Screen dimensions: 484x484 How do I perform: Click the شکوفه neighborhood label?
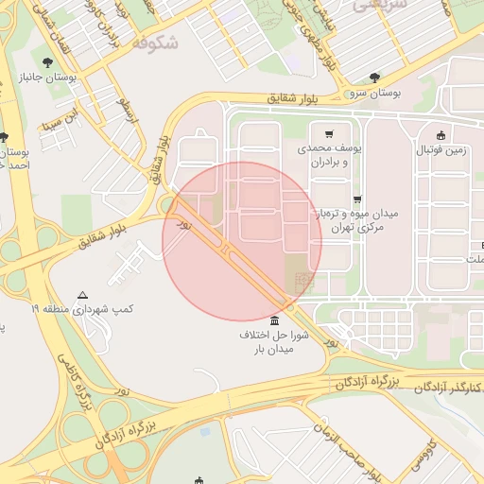coord(155,43)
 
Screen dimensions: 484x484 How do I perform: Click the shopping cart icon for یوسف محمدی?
coord(328,134)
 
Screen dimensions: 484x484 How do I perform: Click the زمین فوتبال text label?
coord(440,149)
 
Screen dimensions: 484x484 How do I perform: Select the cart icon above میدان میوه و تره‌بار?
coord(356,199)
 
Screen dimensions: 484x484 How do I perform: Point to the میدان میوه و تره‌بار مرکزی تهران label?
coord(363,221)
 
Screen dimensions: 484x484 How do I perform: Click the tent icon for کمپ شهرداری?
coord(83,295)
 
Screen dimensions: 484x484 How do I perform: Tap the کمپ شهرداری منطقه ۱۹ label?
coord(83,309)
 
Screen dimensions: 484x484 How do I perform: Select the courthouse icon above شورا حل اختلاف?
coord(274,320)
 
